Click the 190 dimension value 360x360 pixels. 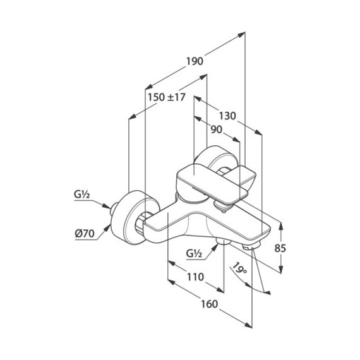click(195, 61)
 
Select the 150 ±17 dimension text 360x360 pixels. click(166, 97)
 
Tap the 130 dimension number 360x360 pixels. click(227, 116)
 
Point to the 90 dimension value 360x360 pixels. click(217, 130)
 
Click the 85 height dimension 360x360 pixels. click(280, 248)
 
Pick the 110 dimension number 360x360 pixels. click(195, 277)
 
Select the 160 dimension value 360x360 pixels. click(210, 304)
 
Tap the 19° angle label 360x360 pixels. click(239, 268)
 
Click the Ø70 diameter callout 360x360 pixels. click(85, 234)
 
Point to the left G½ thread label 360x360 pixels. click(81, 195)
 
